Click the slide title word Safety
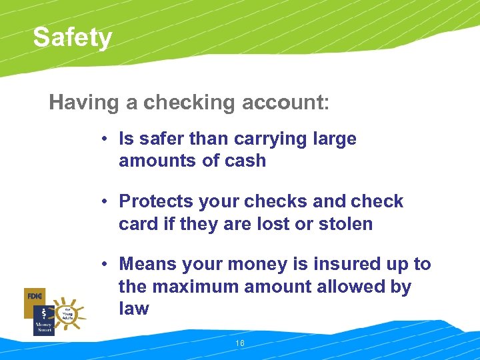[x=73, y=37]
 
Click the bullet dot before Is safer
[x=105, y=139]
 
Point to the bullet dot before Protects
[x=105, y=202]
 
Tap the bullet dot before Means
[x=105, y=265]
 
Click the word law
[x=133, y=309]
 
